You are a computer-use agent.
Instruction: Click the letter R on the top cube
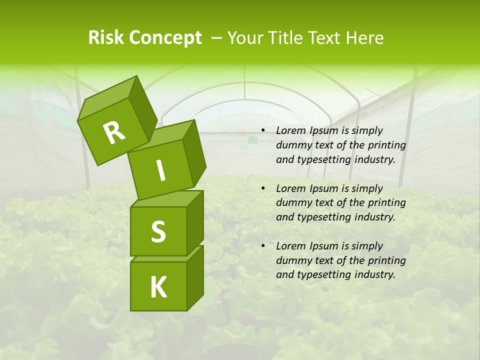pyautogui.click(x=114, y=132)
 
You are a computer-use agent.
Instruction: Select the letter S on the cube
pyautogui.click(x=158, y=232)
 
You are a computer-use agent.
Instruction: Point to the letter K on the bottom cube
pyautogui.click(x=158, y=287)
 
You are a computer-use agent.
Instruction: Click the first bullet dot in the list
pyautogui.click(x=262, y=131)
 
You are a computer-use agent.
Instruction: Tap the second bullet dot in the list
pyautogui.click(x=262, y=189)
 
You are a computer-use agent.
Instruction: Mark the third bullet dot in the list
pyautogui.click(x=262, y=246)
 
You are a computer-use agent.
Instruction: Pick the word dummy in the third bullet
pyautogui.click(x=292, y=260)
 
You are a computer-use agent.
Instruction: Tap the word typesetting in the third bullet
pyautogui.click(x=322, y=274)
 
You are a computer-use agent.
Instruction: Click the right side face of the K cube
pyautogui.click(x=195, y=277)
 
